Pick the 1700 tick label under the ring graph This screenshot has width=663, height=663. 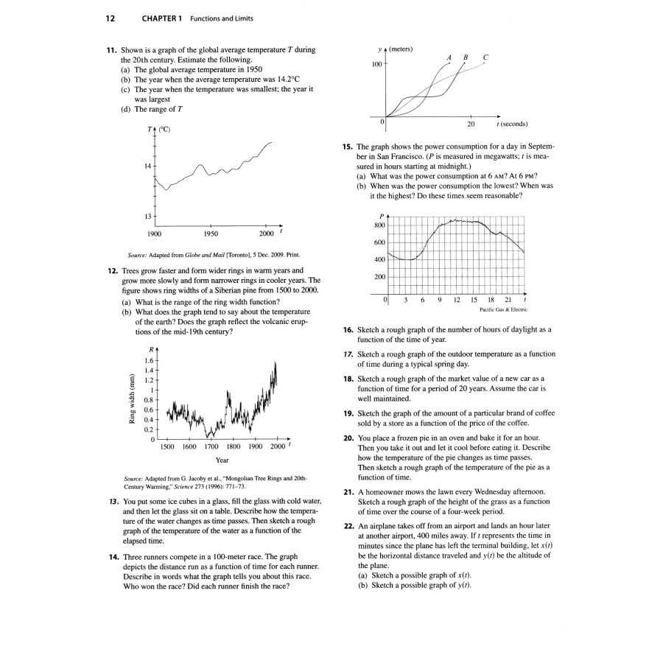(x=211, y=446)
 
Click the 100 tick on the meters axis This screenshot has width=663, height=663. (x=376, y=65)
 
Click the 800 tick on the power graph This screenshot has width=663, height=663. (x=379, y=225)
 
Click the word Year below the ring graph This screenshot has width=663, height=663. (x=222, y=460)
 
